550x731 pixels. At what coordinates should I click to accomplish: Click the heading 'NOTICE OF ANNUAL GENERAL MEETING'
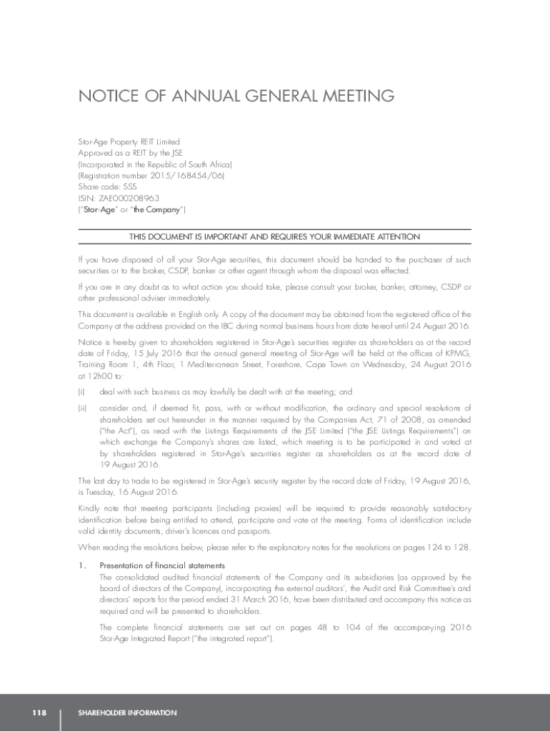point(236,96)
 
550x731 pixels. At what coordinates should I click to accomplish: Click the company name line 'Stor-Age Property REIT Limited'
point(129,142)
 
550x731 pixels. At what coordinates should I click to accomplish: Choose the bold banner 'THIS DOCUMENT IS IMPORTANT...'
point(274,237)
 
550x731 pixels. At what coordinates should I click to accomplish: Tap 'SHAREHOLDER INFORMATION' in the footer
point(127,712)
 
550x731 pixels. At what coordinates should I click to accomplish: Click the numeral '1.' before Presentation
point(81,566)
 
